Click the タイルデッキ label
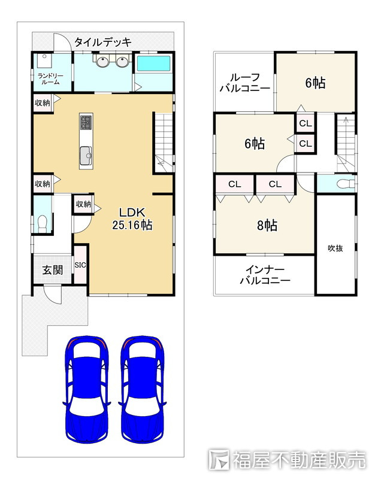(x=103, y=42)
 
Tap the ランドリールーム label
(x=50, y=79)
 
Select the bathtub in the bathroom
(x=154, y=63)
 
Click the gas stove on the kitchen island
(x=86, y=122)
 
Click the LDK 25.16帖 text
(x=132, y=219)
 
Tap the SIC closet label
(x=80, y=265)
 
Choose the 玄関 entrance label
(x=53, y=270)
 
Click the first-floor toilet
(x=42, y=222)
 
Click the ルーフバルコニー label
(x=245, y=83)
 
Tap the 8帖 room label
(x=267, y=225)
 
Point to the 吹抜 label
(x=335, y=248)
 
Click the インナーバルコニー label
(x=265, y=275)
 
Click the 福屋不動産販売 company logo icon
(x=219, y=459)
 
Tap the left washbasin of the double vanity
(x=102, y=62)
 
